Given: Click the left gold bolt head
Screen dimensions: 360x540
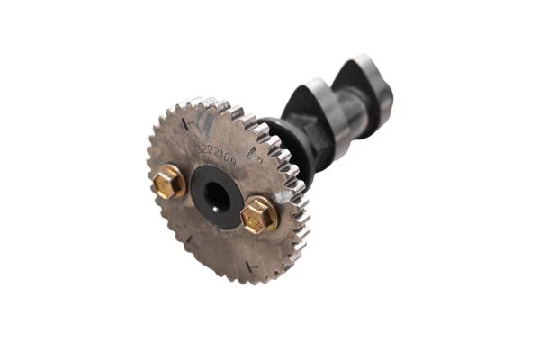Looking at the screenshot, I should point(167,184).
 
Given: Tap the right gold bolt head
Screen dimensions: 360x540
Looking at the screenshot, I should point(260,214).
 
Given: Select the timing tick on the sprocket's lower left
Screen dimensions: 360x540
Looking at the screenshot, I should point(188,239).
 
